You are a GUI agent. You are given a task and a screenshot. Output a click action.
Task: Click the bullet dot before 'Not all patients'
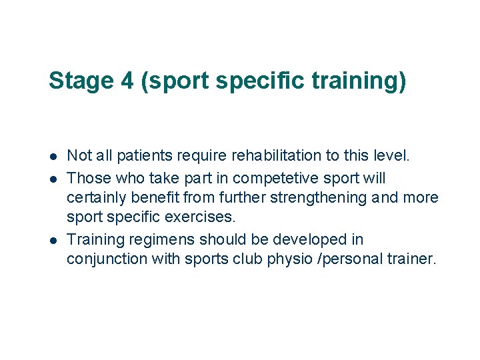point(53,157)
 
